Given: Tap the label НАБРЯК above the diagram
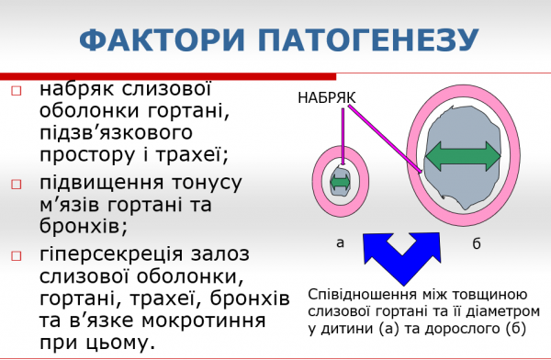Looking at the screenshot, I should [326, 96].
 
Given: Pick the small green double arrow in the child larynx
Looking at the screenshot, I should [341, 182].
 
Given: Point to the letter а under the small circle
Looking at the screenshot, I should [340, 242].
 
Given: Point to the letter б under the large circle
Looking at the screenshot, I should [476, 243].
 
